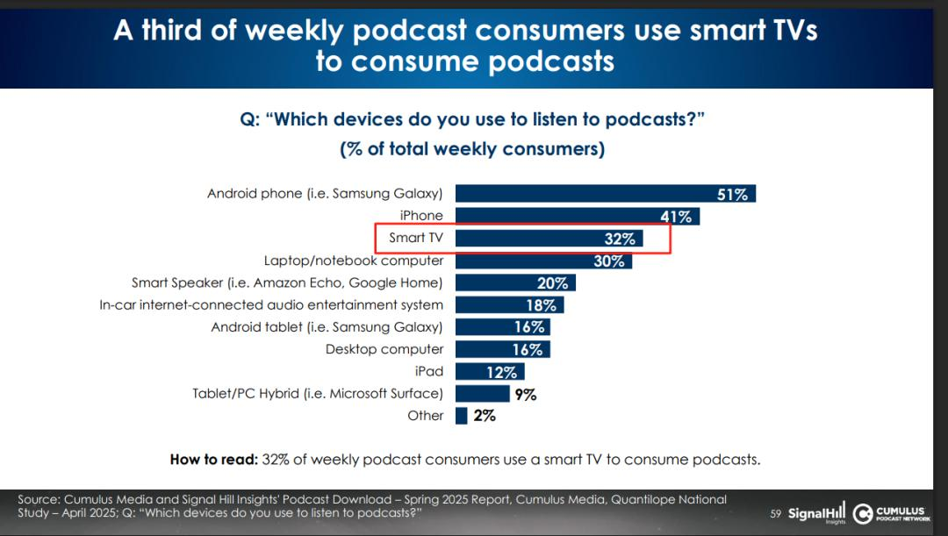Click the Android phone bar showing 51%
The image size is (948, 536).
pos(605,194)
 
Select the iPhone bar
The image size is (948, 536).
pos(577,216)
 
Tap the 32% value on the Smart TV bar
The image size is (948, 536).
pos(618,239)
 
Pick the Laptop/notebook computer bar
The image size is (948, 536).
pos(542,261)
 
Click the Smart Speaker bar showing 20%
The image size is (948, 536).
pos(515,282)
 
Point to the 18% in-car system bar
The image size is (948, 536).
pos(509,305)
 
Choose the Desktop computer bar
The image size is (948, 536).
pos(502,349)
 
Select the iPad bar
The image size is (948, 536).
pos(478,372)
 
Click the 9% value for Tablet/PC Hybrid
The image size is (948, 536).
pos(526,395)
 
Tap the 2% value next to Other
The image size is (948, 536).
pos(485,416)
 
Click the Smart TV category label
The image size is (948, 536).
pos(416,239)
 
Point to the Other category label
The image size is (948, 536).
pos(426,416)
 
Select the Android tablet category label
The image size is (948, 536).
pos(327,327)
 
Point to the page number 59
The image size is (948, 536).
pos(775,514)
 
